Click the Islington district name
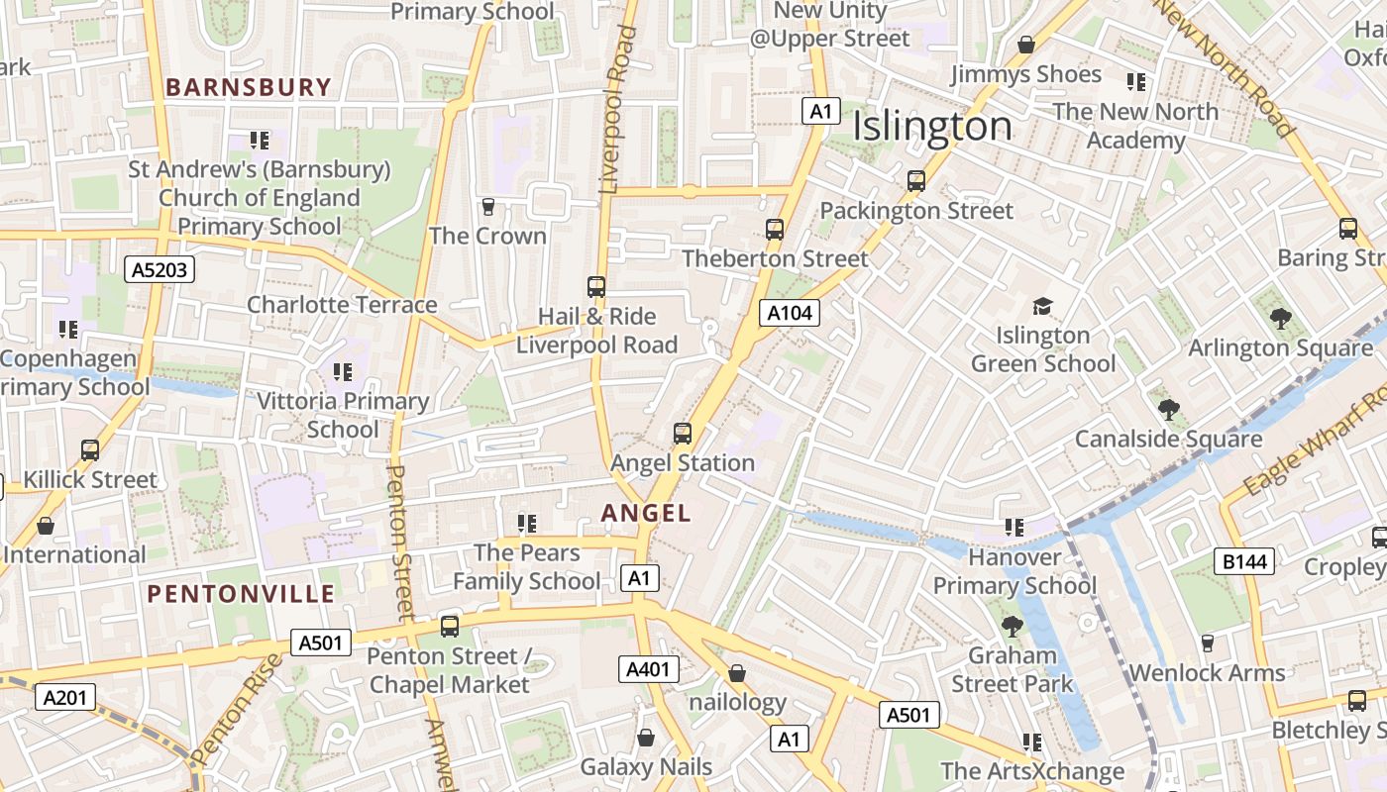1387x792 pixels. [932, 127]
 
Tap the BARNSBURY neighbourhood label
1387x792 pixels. [248, 87]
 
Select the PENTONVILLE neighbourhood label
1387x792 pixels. [241, 594]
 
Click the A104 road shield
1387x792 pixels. [791, 314]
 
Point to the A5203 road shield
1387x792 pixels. [160, 269]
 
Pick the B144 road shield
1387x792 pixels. [1244, 562]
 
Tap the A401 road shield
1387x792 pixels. [649, 669]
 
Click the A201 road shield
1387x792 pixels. [65, 697]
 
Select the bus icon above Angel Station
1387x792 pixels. [683, 434]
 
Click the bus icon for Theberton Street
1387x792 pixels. [775, 230]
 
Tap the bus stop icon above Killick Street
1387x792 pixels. [90, 450]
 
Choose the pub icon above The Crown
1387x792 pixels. [487, 207]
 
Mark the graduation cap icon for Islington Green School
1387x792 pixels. [1042, 306]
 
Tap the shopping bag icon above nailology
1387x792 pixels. [737, 674]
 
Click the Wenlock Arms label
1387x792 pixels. [1207, 673]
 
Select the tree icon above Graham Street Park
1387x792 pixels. [1012, 627]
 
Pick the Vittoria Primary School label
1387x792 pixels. [343, 415]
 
